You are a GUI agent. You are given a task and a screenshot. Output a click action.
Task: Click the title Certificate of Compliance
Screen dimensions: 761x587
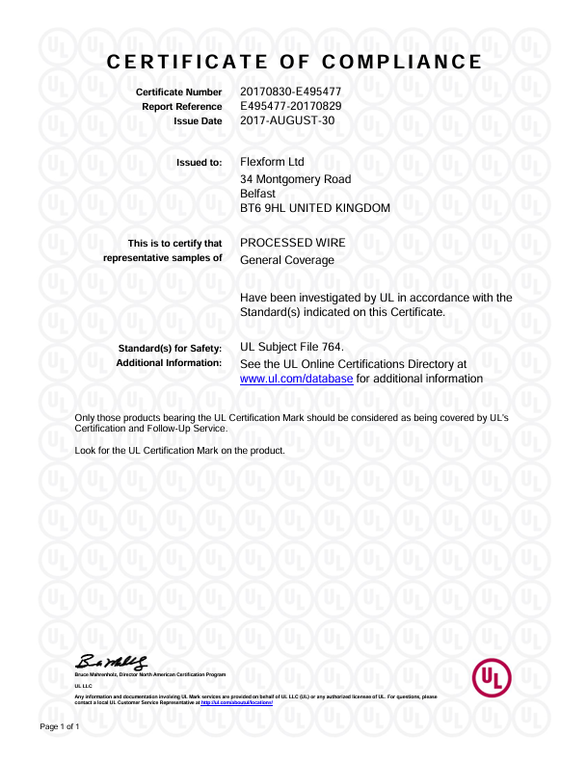click(293, 63)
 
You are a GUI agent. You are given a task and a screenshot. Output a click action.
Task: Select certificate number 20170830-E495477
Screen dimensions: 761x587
click(290, 92)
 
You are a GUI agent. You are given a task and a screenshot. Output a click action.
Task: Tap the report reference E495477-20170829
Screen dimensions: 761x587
click(290, 106)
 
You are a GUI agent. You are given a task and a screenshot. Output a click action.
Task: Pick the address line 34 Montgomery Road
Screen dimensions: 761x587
click(295, 179)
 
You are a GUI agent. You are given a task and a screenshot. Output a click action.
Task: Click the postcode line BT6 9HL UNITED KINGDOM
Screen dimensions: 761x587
click(314, 208)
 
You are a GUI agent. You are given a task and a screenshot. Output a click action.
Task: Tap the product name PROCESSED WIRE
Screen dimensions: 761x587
click(292, 243)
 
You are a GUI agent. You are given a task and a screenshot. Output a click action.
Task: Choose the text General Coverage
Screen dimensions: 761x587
click(286, 260)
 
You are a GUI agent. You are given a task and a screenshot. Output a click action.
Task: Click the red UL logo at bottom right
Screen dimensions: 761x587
click(493, 679)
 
